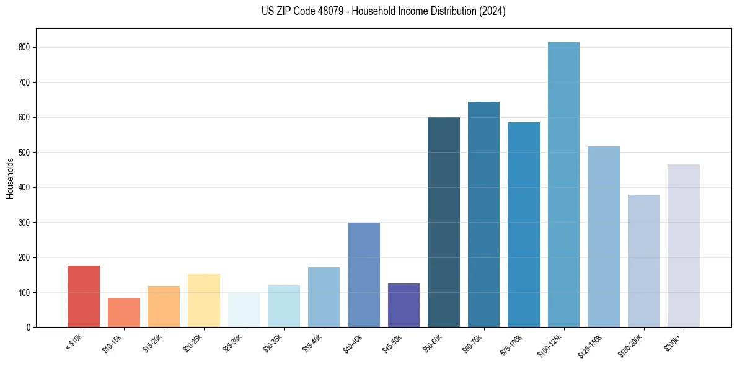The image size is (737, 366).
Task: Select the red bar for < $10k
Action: pos(84,297)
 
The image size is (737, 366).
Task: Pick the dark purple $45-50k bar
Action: pos(404,305)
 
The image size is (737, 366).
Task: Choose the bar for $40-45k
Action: pos(364,275)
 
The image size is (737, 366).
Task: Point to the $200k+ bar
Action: pos(684,246)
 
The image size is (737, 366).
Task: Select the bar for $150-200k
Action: pos(643,261)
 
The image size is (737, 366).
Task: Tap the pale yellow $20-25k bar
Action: pos(204,300)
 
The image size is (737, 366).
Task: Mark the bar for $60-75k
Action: pos(483,215)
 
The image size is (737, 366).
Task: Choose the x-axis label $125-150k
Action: pos(593,344)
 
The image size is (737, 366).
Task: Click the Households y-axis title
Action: pos(10,178)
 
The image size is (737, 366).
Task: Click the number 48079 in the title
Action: pos(330,11)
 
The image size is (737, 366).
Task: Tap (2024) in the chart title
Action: pos(493,11)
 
